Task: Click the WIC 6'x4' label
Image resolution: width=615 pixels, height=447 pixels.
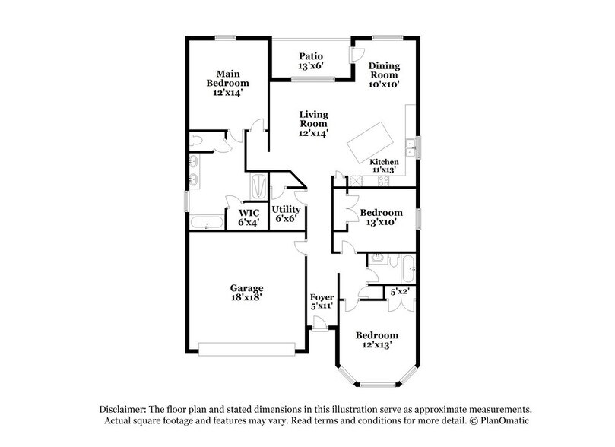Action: point(249,218)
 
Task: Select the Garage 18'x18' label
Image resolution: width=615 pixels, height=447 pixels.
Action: point(246,293)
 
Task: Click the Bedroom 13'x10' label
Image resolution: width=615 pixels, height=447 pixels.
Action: point(381,217)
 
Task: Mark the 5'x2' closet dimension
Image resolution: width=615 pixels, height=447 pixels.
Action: point(399,292)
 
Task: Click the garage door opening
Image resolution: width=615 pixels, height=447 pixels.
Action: point(246,348)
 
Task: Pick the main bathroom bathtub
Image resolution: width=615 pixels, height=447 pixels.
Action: point(206,223)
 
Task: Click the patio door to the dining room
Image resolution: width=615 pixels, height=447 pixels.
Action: point(353,56)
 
